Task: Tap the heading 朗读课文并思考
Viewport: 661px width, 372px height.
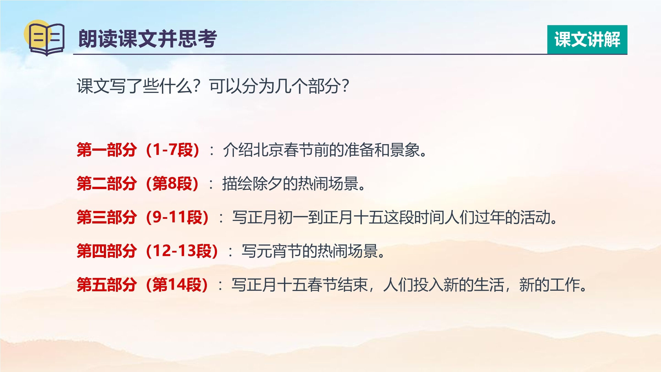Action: click(x=148, y=39)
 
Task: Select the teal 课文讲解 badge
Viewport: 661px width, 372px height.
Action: click(x=587, y=39)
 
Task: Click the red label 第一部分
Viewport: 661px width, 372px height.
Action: click(x=107, y=150)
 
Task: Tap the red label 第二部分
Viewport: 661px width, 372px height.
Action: click(x=107, y=184)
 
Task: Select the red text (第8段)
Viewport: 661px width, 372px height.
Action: click(x=172, y=184)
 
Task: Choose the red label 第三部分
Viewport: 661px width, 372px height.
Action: click(x=107, y=217)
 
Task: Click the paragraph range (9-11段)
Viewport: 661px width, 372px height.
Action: click(x=177, y=217)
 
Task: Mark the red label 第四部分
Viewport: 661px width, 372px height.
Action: click(x=107, y=251)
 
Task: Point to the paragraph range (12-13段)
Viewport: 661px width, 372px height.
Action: click(x=182, y=251)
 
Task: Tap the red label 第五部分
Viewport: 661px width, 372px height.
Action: click(x=107, y=285)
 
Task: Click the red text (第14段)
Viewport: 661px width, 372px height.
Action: click(x=177, y=285)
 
